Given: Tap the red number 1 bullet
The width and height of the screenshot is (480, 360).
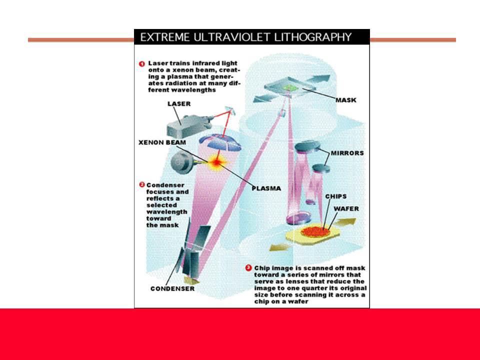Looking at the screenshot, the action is point(141,63).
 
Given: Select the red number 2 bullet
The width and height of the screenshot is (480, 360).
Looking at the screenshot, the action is point(141,184).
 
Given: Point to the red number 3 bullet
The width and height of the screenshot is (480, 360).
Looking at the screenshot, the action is point(249,268).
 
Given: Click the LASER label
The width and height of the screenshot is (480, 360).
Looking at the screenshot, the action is point(179,104).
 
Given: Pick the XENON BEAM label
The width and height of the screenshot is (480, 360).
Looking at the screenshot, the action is point(162,142).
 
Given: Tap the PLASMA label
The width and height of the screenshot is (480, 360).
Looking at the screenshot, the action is point(266,188).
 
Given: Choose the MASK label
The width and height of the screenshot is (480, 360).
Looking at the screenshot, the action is point(346,100).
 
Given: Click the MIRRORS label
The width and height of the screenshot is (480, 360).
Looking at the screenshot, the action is point(347,153).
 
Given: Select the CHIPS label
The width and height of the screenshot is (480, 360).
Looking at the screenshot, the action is point(336,196).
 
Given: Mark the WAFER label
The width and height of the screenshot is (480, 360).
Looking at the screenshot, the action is point(346,208).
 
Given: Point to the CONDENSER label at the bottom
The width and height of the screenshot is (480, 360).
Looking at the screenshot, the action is point(172,288).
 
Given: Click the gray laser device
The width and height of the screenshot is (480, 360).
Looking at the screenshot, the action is point(189,126).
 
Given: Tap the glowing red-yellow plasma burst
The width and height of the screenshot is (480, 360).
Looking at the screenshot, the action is point(216,162).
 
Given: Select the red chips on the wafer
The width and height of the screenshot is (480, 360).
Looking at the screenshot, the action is point(316,231).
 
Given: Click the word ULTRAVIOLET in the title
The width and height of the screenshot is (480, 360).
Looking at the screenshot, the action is point(231,37).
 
